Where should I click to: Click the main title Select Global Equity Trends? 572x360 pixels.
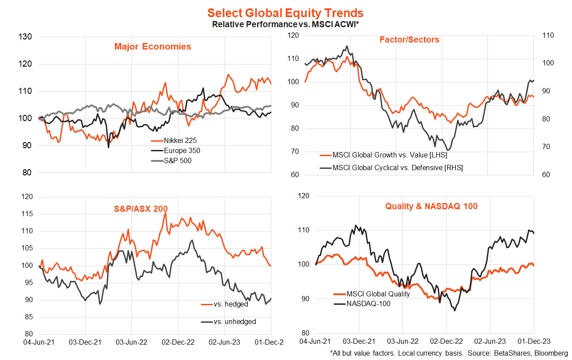click(x=285, y=13)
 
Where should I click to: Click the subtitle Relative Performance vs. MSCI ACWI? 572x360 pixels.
click(x=285, y=24)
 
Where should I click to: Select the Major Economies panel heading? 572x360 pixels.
click(x=153, y=46)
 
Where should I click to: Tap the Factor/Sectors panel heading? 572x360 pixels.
click(x=409, y=40)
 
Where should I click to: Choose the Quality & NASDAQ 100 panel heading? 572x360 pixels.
click(x=431, y=206)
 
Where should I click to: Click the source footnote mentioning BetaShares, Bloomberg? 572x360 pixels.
click(x=449, y=353)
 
